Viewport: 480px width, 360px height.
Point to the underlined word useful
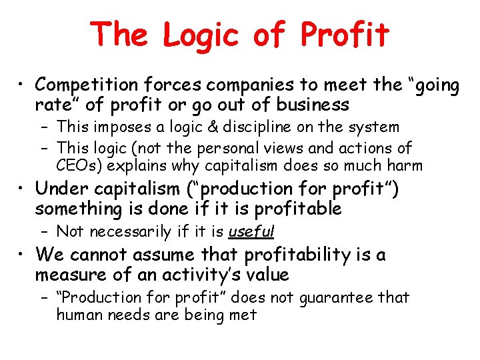tap(251, 232)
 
